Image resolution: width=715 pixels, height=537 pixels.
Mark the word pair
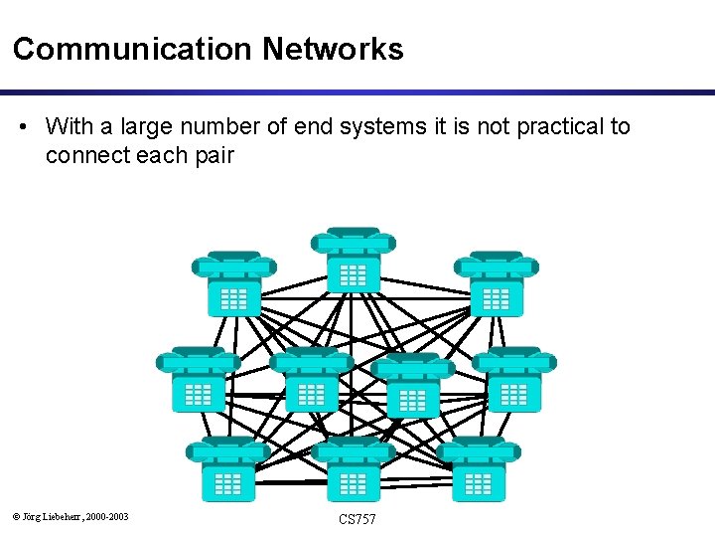[x=212, y=155]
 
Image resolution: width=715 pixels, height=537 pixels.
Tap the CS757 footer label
[x=357, y=519]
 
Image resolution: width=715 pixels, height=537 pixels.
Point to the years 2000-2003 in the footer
[x=107, y=516]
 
